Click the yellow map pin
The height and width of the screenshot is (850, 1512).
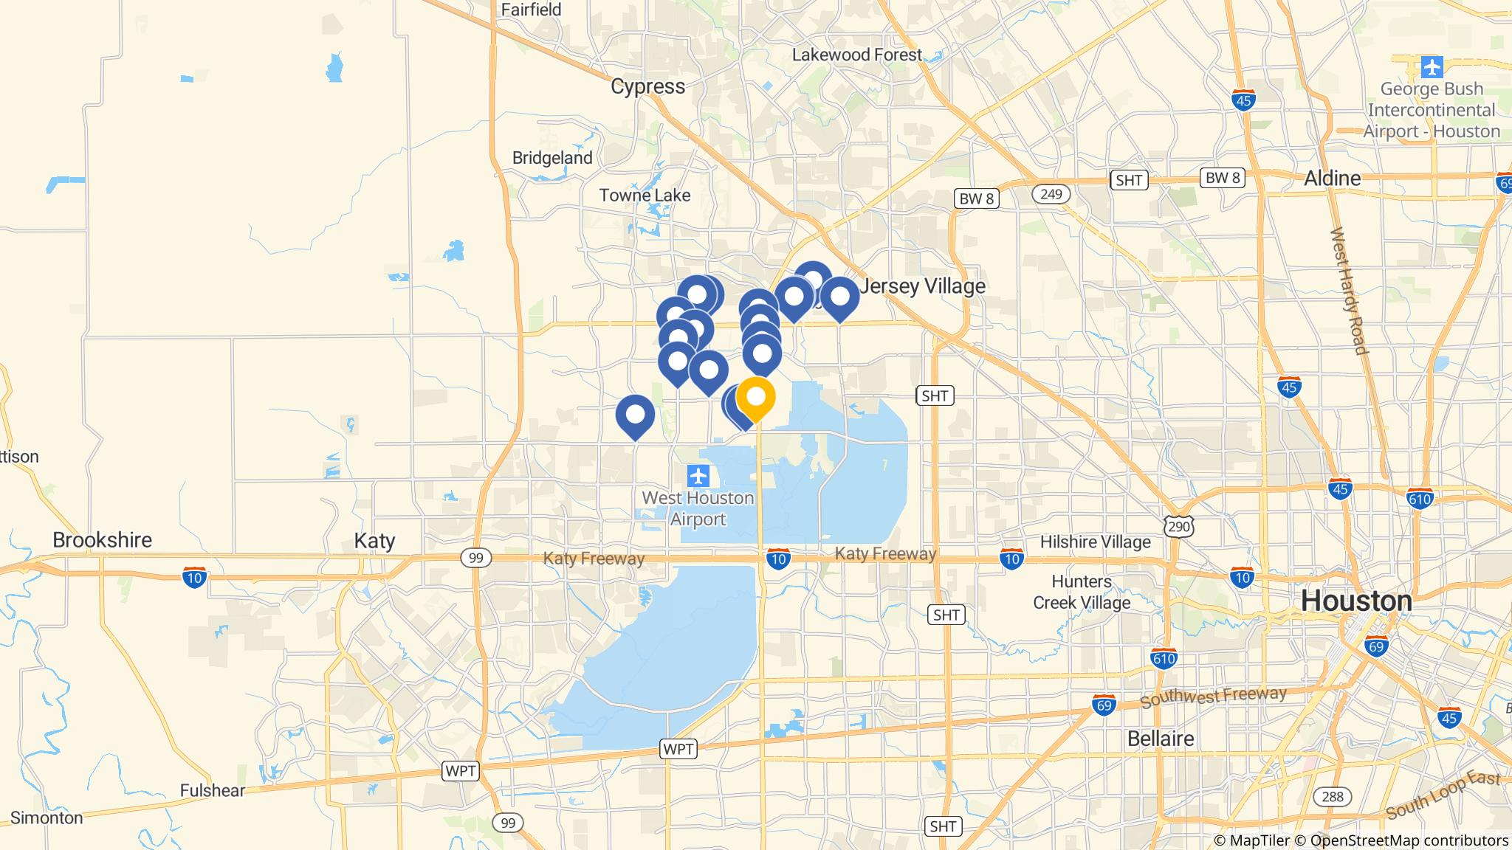pyautogui.click(x=755, y=397)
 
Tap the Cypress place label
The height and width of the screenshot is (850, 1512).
pyautogui.click(x=647, y=86)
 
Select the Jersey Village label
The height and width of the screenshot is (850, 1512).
pyautogui.click(x=923, y=286)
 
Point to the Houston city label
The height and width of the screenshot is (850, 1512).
pyautogui.click(x=1356, y=601)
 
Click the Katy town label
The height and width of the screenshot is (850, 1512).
pyautogui.click(x=374, y=540)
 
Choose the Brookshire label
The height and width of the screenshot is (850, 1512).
pyautogui.click(x=102, y=539)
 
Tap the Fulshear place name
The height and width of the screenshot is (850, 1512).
pyautogui.click(x=212, y=790)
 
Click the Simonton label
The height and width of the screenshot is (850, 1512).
pyautogui.click(x=47, y=818)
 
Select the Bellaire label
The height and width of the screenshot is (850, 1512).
pyautogui.click(x=1161, y=739)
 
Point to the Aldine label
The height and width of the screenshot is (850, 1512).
pyautogui.click(x=1332, y=178)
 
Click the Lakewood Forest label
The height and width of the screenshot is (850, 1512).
pyautogui.click(x=856, y=55)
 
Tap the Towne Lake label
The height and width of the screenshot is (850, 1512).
pyautogui.click(x=645, y=196)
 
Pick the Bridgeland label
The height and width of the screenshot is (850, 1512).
pyautogui.click(x=552, y=158)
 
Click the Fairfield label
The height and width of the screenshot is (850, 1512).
pyautogui.click(x=531, y=10)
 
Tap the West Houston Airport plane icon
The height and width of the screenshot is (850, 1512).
pyautogui.click(x=698, y=476)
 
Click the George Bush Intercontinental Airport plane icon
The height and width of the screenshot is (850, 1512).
pyautogui.click(x=1432, y=67)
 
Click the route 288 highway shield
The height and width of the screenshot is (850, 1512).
pyautogui.click(x=1332, y=797)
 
